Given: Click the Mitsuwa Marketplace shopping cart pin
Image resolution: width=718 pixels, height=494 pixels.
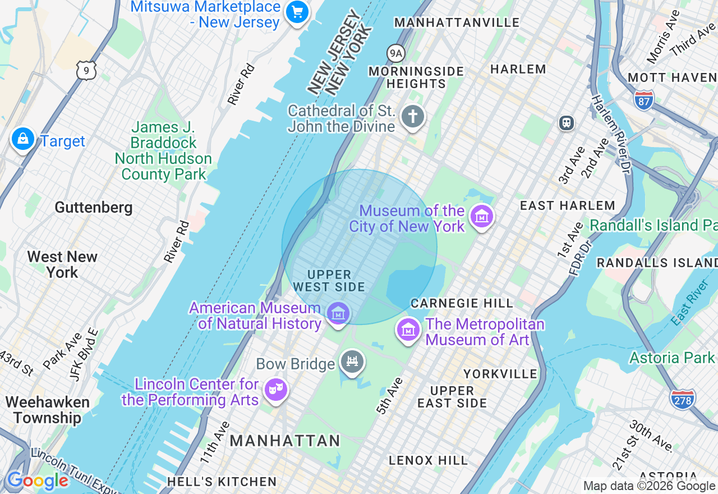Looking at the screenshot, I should pyautogui.click(x=297, y=12).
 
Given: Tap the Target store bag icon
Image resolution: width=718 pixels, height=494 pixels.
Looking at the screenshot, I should pyautogui.click(x=23, y=139).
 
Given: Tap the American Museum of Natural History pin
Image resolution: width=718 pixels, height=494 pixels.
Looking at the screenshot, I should pyautogui.click(x=338, y=313).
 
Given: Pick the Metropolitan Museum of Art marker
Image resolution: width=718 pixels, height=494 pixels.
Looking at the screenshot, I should pyautogui.click(x=408, y=330).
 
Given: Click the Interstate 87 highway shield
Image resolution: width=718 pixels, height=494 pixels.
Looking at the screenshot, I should pyautogui.click(x=644, y=99).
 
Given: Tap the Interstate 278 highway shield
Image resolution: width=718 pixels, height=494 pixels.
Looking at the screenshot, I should pyautogui.click(x=682, y=399).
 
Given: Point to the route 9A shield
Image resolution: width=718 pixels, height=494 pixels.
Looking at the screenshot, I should pyautogui.click(x=396, y=53).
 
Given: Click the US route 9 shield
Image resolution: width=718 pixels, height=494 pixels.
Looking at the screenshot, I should pyautogui.click(x=86, y=70).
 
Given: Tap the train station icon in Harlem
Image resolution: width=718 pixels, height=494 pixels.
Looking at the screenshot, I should pyautogui.click(x=567, y=123).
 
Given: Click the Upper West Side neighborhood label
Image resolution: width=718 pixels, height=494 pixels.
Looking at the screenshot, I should pyautogui.click(x=329, y=281).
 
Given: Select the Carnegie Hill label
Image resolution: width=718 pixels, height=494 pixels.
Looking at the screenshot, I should pyautogui.click(x=462, y=303).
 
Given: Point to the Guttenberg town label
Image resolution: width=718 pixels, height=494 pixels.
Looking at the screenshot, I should pyautogui.click(x=94, y=208).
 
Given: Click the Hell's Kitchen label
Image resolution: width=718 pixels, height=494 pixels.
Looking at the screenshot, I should pyautogui.click(x=222, y=482).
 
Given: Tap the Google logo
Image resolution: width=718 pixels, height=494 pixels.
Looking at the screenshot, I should pyautogui.click(x=37, y=481).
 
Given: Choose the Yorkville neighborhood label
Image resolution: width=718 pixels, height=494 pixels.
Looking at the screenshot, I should pyautogui.click(x=500, y=374).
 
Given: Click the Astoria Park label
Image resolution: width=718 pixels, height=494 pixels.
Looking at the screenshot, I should pyautogui.click(x=672, y=358).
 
